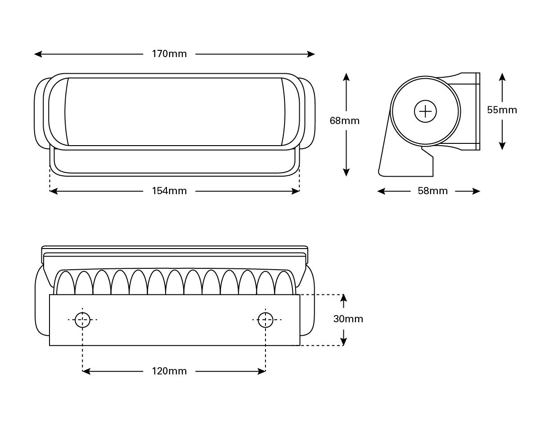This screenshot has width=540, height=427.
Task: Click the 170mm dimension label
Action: pos(169,54)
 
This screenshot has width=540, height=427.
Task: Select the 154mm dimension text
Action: pos(169,191)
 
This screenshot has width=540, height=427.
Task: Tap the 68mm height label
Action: pos(345,120)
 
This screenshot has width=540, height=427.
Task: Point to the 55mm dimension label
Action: pos(502,110)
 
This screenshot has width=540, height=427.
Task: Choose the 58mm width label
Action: pos(432,191)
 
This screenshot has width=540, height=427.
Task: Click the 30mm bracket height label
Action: pos(348,319)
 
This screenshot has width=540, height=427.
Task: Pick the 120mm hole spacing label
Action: pos(169,371)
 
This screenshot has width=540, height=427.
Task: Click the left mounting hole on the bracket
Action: pos(82,320)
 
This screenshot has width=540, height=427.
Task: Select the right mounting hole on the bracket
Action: pos(265,320)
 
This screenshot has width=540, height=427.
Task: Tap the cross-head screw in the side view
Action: pos(425,111)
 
